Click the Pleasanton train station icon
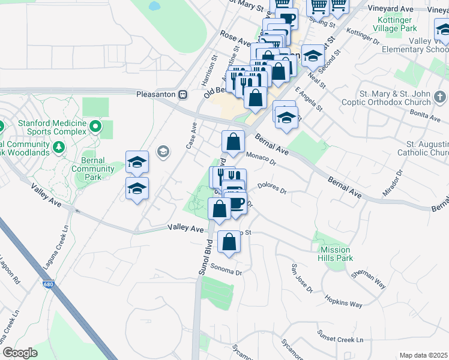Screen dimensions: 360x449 [x=183, y=94]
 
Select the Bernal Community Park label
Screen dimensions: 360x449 [x=93, y=165]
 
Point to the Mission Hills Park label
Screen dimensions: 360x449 [x=336, y=254]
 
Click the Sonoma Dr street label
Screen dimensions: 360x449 [x=229, y=272]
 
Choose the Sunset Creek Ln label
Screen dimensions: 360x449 [x=343, y=340]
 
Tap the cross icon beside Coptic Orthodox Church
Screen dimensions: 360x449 [x=439, y=97]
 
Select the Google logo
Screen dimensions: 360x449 [x=20, y=353]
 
